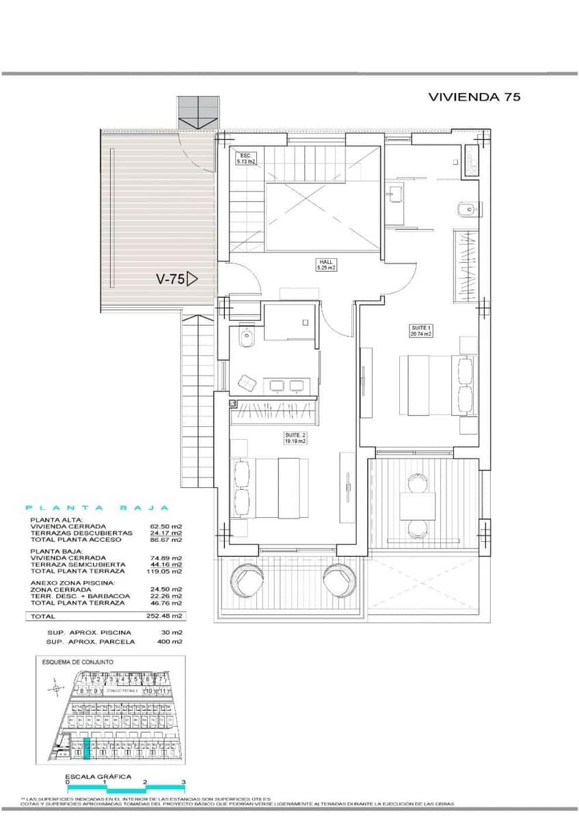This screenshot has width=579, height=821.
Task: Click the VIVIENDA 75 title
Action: [x=474, y=97]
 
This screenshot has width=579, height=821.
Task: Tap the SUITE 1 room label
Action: [x=420, y=332]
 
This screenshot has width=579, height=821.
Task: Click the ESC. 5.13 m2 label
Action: [x=245, y=159]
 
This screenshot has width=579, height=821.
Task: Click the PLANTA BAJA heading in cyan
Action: [x=96, y=508]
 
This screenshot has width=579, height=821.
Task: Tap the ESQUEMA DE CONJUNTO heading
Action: [x=77, y=662]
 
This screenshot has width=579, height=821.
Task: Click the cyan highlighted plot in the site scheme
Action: [x=86, y=750]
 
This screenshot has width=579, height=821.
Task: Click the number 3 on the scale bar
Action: [x=183, y=781]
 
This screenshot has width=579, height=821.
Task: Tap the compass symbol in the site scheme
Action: [x=54, y=689]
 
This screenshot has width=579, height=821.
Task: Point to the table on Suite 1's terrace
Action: [x=418, y=506]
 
